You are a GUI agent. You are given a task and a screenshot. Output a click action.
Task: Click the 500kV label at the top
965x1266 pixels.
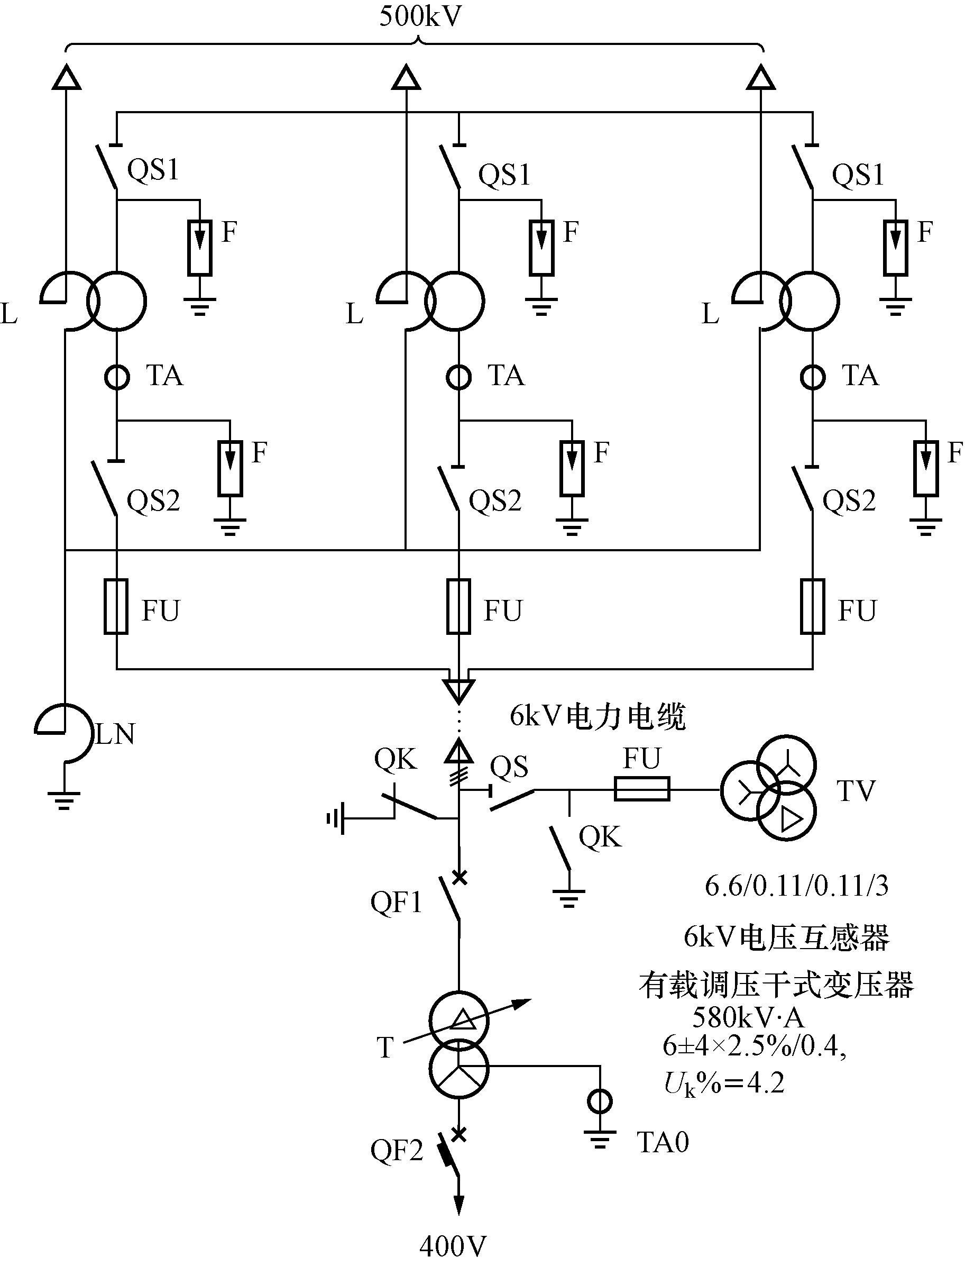tap(420, 17)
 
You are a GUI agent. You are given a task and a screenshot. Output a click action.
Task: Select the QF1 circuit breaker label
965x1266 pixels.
tap(397, 902)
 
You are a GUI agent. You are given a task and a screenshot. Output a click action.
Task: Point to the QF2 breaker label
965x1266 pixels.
tap(397, 1151)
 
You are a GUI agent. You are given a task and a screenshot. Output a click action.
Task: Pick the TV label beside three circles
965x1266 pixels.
tap(856, 791)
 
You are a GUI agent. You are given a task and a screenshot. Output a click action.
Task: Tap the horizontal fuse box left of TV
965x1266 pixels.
tap(641, 789)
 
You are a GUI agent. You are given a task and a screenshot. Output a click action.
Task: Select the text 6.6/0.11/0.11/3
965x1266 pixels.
tap(797, 886)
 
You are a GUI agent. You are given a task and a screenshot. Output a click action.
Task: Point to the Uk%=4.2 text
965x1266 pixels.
tap(724, 1085)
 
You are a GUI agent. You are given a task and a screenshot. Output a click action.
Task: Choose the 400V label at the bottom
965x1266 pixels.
tap(453, 1247)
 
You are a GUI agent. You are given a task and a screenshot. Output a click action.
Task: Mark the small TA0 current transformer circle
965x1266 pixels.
tap(600, 1101)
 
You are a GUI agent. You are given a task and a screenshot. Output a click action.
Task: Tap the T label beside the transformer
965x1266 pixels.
tap(385, 1047)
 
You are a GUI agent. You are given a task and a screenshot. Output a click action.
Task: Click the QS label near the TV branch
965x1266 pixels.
tap(508, 767)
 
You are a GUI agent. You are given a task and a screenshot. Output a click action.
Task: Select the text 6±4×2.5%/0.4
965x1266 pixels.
tap(754, 1046)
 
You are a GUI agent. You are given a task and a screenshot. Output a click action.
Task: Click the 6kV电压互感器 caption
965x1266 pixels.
tap(786, 937)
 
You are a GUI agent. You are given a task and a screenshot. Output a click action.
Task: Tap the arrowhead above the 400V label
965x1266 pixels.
tap(459, 1205)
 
